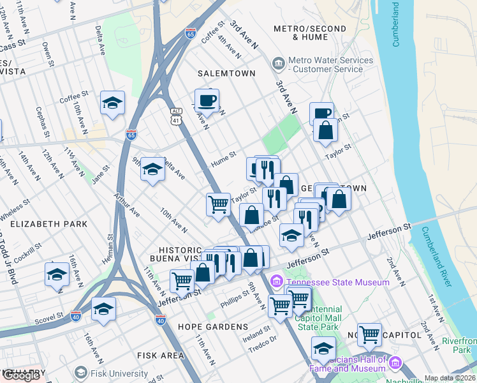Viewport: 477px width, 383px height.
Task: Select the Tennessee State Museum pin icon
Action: pyautogui.click(x=277, y=281)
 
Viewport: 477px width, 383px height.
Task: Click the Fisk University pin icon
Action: pyautogui.click(x=80, y=372)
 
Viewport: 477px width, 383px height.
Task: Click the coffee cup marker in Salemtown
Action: pyautogui.click(x=207, y=100)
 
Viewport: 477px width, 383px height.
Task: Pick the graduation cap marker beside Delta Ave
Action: pyautogui.click(x=152, y=169)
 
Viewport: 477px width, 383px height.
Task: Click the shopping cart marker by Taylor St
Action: pyautogui.click(x=218, y=205)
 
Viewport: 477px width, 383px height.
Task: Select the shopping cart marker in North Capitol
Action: pyautogui.click(x=369, y=334)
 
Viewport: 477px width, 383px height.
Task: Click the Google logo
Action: pyautogui.click(x=22, y=375)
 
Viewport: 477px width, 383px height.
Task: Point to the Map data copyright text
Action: pyautogui.click(x=450, y=378)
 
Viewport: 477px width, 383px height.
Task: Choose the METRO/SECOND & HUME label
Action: pyautogui.click(x=309, y=33)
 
